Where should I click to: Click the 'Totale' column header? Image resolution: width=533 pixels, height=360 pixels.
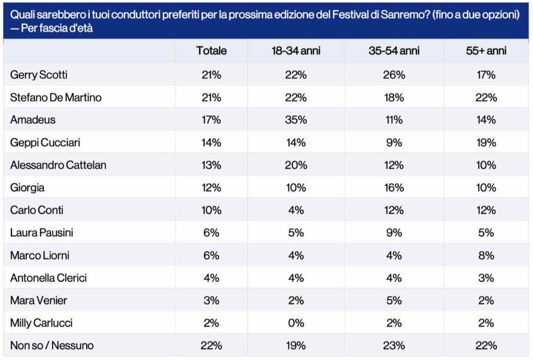tap(211, 51)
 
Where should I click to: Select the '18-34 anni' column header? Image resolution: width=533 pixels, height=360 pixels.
tap(296, 51)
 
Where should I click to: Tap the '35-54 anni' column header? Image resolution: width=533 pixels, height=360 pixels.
tap(394, 51)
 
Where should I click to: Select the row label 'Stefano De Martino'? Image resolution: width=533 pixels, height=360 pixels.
tap(56, 97)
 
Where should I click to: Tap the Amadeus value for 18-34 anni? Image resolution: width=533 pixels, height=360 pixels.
tap(296, 120)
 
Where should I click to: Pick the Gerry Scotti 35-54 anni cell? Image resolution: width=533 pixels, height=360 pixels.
tap(394, 75)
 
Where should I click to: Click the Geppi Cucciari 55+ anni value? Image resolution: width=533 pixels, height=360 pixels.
tap(486, 142)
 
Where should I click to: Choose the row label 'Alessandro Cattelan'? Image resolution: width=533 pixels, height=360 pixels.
tap(58, 165)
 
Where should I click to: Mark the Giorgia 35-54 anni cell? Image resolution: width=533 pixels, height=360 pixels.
tap(394, 187)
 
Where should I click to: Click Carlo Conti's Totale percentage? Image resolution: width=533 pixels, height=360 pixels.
tap(211, 210)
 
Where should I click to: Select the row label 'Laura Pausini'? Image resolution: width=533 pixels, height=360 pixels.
tap(42, 232)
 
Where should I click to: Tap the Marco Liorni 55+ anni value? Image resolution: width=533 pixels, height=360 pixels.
tap(486, 255)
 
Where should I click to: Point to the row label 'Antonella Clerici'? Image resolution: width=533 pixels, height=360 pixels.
tap(48, 278)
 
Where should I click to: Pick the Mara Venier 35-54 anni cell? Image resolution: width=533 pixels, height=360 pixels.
tap(394, 300)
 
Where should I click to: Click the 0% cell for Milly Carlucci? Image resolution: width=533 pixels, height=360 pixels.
tap(296, 323)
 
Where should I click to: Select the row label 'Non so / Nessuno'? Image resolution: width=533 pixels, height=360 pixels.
tap(52, 345)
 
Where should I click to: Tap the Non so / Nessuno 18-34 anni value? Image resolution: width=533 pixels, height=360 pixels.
tap(296, 345)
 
